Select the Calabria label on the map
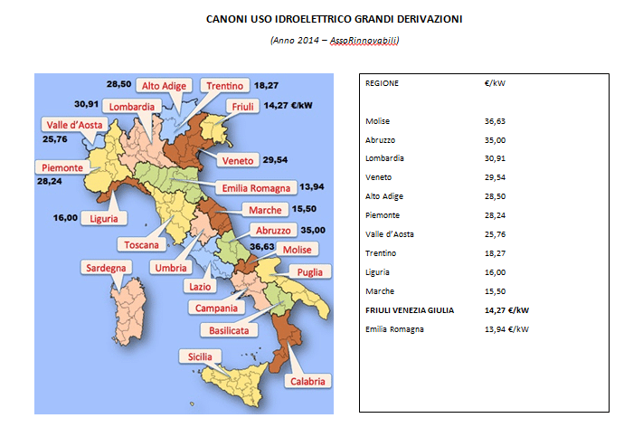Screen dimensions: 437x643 coord(307,381)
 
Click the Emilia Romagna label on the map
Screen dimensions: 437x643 coord(257,188)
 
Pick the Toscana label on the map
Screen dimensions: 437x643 coord(142,244)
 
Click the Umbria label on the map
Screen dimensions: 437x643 coord(171,268)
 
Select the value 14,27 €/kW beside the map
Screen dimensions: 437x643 coord(289,105)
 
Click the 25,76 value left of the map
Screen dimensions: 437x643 coord(55,140)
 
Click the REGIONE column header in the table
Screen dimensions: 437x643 coord(382,83)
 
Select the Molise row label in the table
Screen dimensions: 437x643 coord(377,121)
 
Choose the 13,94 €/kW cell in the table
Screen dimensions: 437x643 coord(506,328)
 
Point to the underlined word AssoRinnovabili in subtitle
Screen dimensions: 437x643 coord(365,40)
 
